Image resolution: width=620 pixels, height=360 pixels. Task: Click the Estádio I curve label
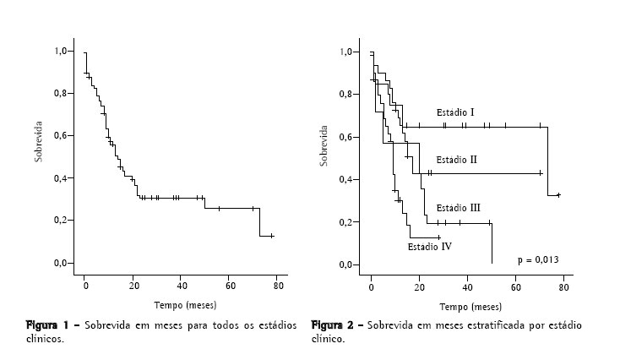tap(455, 112)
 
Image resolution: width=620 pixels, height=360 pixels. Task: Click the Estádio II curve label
tap(457, 159)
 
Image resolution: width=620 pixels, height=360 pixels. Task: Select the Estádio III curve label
tap(458, 208)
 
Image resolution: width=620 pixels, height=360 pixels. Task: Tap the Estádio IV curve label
tap(429, 248)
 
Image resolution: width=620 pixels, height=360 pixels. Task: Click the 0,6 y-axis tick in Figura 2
tap(345, 137)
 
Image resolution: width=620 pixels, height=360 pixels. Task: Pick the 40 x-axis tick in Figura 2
tap(468, 288)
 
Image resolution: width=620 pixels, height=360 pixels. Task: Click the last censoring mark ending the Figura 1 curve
tap(271, 236)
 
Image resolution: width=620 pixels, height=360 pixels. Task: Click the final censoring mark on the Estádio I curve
tap(557, 195)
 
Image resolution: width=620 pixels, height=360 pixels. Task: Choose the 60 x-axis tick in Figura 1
tap(230, 286)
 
